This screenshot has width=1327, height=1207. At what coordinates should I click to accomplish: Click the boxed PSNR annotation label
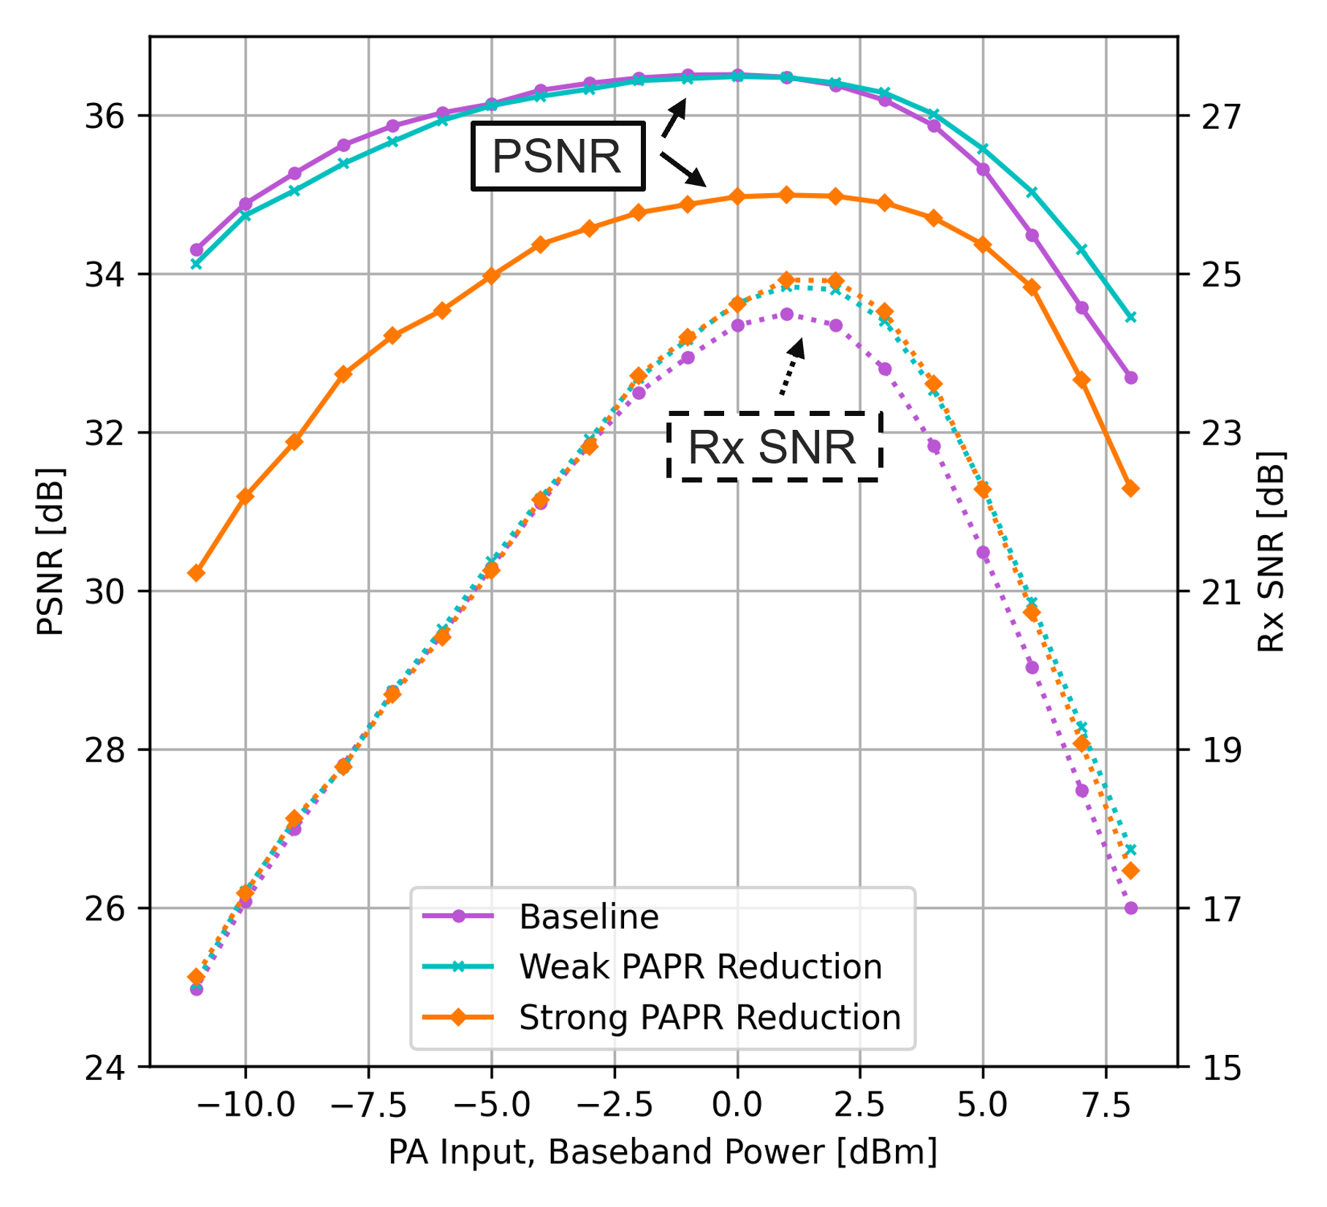pyautogui.click(x=558, y=156)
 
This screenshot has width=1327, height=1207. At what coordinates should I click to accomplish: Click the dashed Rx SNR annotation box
pyautogui.click(x=774, y=447)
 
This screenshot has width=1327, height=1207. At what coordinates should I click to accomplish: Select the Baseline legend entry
pyautogui.click(x=588, y=917)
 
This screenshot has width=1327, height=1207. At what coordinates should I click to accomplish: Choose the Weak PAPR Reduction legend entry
pyautogui.click(x=699, y=967)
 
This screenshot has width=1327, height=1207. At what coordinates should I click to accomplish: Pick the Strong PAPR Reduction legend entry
pyautogui.click(x=709, y=1018)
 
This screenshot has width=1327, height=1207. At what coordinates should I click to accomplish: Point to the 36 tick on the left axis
pyautogui.click(x=105, y=116)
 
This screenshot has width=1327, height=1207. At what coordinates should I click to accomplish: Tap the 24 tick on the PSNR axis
pyautogui.click(x=105, y=1068)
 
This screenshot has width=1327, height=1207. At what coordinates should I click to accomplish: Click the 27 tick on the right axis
pyautogui.click(x=1221, y=116)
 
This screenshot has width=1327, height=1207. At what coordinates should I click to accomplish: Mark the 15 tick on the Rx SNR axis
pyautogui.click(x=1221, y=1068)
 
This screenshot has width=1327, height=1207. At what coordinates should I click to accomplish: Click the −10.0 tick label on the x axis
pyautogui.click(x=246, y=1105)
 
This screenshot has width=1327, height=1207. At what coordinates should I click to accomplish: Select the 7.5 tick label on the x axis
pyautogui.click(x=1106, y=1105)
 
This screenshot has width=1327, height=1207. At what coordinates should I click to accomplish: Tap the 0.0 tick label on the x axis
pyautogui.click(x=737, y=1105)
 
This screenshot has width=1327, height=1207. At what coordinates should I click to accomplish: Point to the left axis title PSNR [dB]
pyautogui.click(x=50, y=552)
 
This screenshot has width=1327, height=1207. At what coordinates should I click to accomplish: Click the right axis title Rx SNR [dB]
pyautogui.click(x=1271, y=552)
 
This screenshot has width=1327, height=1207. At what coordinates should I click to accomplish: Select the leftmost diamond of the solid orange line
pyautogui.click(x=196, y=573)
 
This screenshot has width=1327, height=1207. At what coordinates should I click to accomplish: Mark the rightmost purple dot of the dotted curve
pyautogui.click(x=1131, y=908)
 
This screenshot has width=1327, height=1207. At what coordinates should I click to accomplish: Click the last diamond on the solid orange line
pyautogui.click(x=1131, y=488)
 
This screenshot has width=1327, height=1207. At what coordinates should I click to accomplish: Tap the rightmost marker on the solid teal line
pyautogui.click(x=1131, y=317)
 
